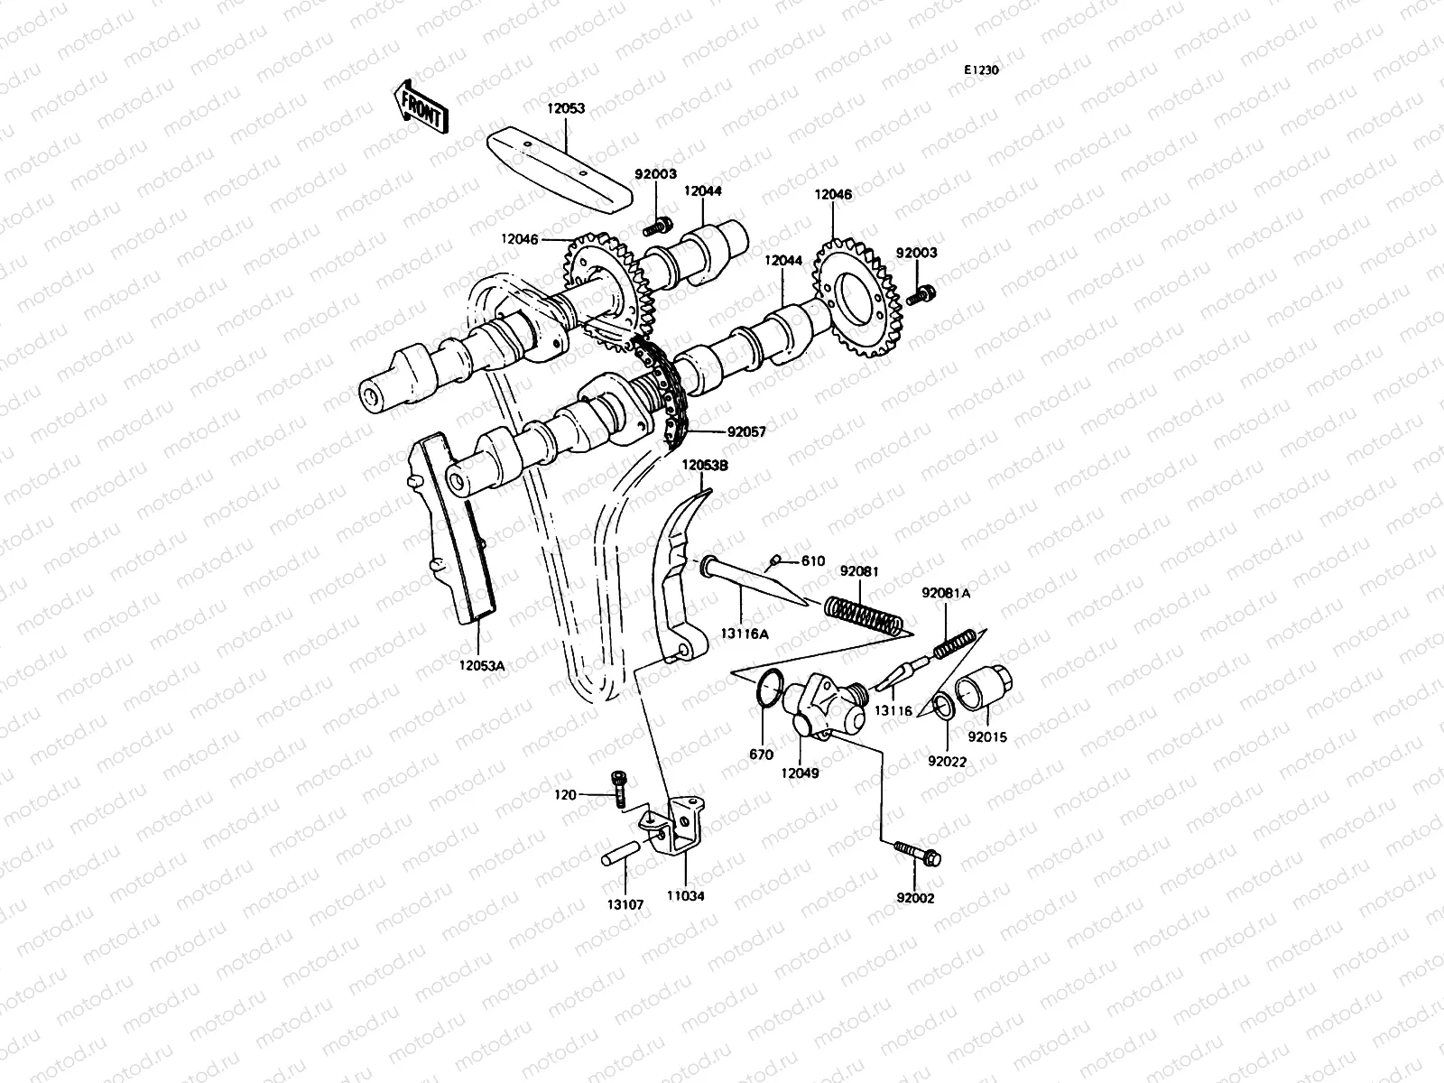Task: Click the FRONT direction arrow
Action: [x=421, y=106]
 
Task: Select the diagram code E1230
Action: [x=981, y=69]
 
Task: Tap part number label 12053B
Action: [x=706, y=466]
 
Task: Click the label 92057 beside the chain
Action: [x=745, y=432]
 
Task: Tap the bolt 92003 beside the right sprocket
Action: [x=922, y=293]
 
